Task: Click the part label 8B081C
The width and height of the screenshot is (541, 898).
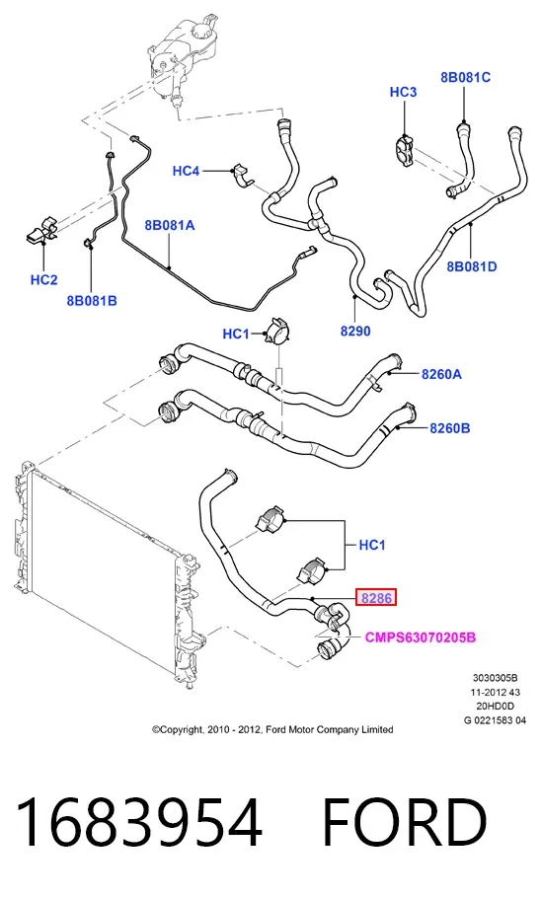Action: coord(465,77)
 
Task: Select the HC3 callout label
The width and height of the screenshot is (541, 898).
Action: coord(403,92)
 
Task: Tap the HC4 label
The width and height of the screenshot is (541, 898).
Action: coord(186,171)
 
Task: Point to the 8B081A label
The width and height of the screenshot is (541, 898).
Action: coord(170,225)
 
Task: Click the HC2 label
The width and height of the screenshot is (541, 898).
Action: coord(44,279)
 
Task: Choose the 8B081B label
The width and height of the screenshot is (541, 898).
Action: coord(92,300)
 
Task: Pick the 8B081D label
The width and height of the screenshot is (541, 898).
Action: coord(472,266)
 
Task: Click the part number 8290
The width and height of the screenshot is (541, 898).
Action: coord(355,331)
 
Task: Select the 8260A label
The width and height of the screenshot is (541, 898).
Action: coord(441,374)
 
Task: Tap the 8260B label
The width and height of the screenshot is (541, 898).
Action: coord(450,428)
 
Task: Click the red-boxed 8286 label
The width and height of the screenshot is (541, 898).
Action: coord(376,598)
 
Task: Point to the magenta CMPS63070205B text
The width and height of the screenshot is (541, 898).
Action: coord(421,637)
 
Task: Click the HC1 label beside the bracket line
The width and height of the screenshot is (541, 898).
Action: coord(372,545)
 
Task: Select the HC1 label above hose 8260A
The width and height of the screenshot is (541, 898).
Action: coord(236,334)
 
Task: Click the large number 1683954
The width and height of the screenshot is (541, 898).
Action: coord(139,822)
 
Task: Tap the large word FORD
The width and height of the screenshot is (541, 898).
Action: coord(405,822)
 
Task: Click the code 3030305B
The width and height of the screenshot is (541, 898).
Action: coord(496,678)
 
